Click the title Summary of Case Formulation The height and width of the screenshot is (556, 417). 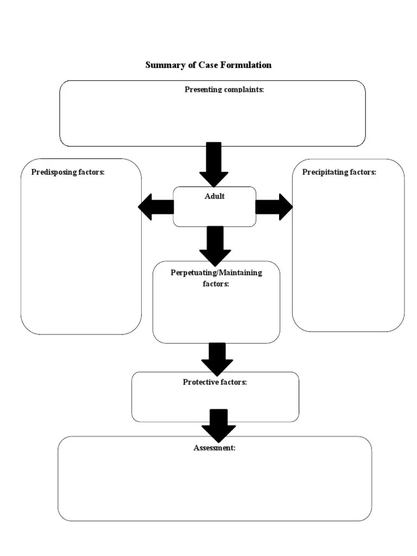[x=208, y=65]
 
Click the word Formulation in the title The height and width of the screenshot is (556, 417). [x=245, y=65]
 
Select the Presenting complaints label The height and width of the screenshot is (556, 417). [x=224, y=90]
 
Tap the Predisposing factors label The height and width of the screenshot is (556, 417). [x=68, y=172]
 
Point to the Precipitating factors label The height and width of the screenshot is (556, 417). [x=339, y=172]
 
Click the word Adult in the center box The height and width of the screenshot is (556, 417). [x=214, y=196]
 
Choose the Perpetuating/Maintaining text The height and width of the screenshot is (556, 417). [x=216, y=273]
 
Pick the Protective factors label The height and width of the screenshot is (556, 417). [x=214, y=382]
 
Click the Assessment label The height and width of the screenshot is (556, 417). [x=214, y=448]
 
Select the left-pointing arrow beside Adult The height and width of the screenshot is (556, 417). [x=156, y=207]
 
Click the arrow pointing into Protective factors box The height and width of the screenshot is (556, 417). [x=217, y=359]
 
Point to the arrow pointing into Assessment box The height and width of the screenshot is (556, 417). [x=218, y=425]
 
